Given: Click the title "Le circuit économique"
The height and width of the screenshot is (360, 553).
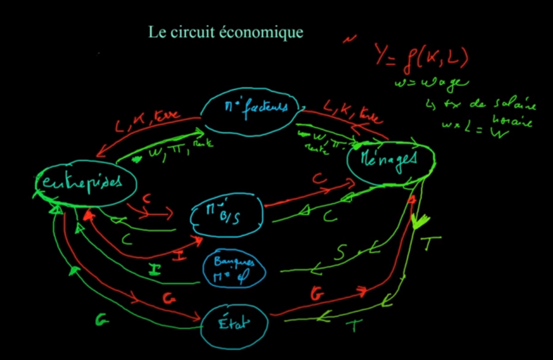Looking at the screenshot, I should pyautogui.click(x=225, y=32).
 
